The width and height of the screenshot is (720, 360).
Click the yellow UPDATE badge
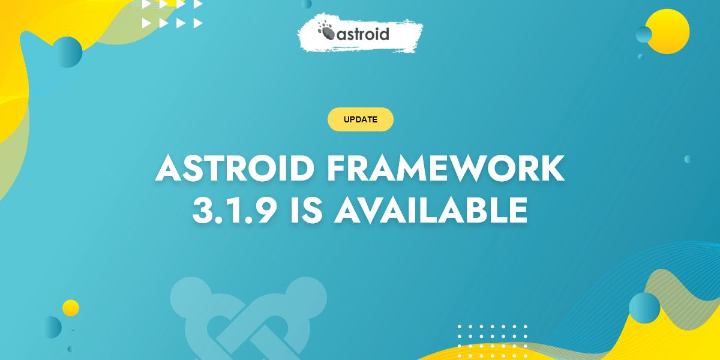tap(360, 119)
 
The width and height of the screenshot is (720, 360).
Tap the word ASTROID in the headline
tap(235, 169)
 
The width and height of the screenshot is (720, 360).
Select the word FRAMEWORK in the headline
tap(445, 169)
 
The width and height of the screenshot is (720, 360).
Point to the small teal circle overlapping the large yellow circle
tap(644, 35)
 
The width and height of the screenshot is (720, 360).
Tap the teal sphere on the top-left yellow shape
tap(67, 52)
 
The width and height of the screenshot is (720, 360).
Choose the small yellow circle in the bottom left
tap(71, 308)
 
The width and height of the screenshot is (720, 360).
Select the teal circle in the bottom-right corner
tap(644, 308)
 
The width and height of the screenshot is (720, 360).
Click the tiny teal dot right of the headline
tap(688, 159)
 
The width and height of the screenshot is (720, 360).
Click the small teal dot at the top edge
tap(307, 4)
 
